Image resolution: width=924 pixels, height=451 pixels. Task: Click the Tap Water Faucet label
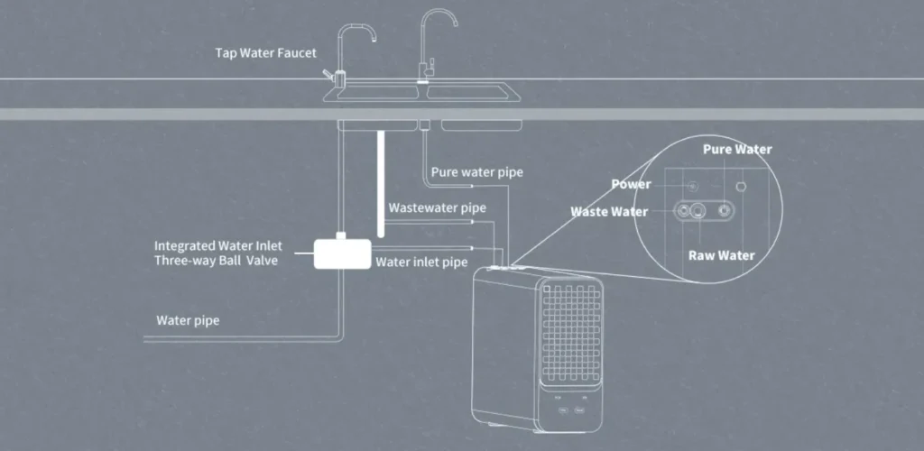click(266, 53)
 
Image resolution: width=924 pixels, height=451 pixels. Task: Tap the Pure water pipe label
click(476, 172)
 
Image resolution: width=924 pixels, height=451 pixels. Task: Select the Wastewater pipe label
click(438, 207)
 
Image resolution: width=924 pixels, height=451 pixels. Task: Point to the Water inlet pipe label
click(421, 262)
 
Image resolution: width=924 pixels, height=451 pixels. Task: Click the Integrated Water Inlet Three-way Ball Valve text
click(218, 253)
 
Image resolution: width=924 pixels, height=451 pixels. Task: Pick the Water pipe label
click(188, 320)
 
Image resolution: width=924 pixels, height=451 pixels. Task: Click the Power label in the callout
click(631, 184)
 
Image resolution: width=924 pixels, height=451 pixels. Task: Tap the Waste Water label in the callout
click(609, 212)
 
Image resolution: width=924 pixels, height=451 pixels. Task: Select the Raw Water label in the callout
click(721, 255)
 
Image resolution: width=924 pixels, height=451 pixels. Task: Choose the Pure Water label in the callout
click(737, 150)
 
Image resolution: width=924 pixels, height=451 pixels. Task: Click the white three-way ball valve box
click(342, 253)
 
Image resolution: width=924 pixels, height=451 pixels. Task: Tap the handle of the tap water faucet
click(328, 74)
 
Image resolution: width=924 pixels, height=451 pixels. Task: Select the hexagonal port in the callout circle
click(742, 186)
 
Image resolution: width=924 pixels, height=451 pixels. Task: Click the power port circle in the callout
click(693, 186)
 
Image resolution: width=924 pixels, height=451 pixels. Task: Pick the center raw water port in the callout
click(698, 210)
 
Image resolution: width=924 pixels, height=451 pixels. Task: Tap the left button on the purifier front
click(563, 410)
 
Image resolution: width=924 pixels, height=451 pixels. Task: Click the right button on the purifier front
click(579, 410)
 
